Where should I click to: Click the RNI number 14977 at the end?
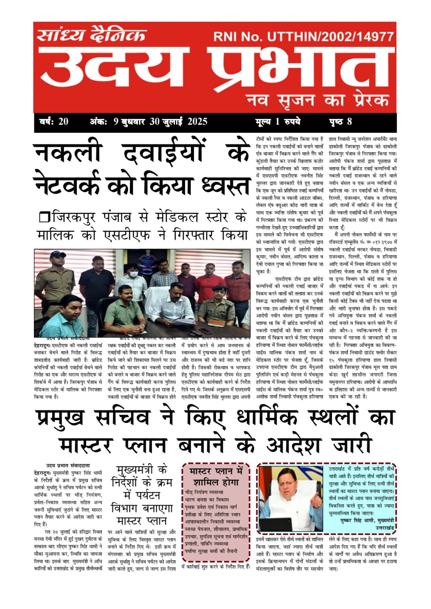coord(375,37)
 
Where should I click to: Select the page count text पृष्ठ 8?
coord(340,122)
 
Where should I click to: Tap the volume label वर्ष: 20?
coord(54,122)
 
